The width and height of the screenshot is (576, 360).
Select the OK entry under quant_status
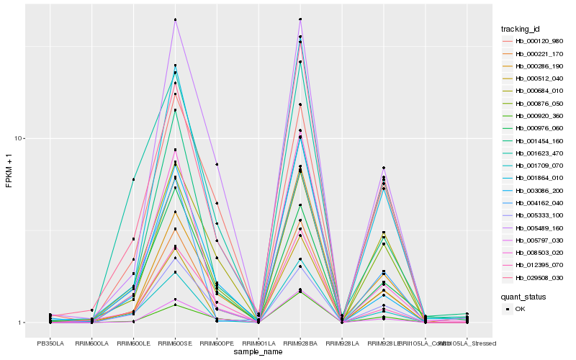[x=520, y=309]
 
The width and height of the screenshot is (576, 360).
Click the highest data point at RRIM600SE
[x=175, y=19]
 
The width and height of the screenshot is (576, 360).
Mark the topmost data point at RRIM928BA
[x=300, y=19]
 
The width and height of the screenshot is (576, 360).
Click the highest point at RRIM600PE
[x=217, y=165]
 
